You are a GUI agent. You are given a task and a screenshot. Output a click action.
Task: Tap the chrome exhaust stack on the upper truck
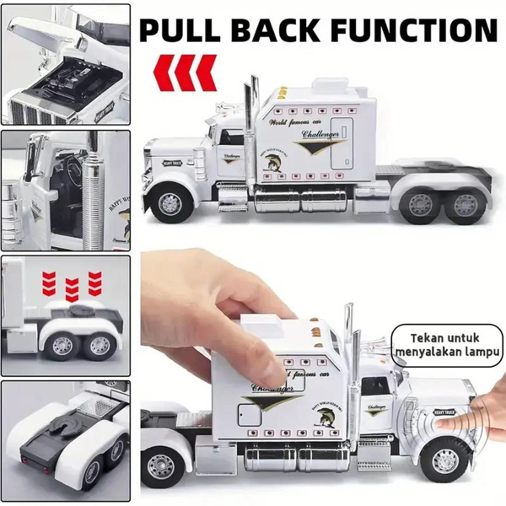pos(250,126)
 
